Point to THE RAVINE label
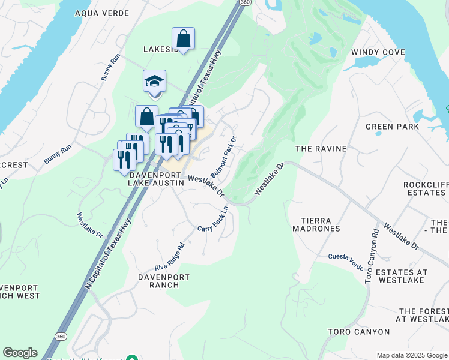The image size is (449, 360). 321,148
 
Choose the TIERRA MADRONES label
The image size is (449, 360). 316,224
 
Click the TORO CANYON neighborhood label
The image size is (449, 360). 358,332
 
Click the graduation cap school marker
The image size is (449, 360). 154,82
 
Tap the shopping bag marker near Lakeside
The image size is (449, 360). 184,39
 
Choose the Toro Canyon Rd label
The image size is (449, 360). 372,254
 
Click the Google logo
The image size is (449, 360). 20,353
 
